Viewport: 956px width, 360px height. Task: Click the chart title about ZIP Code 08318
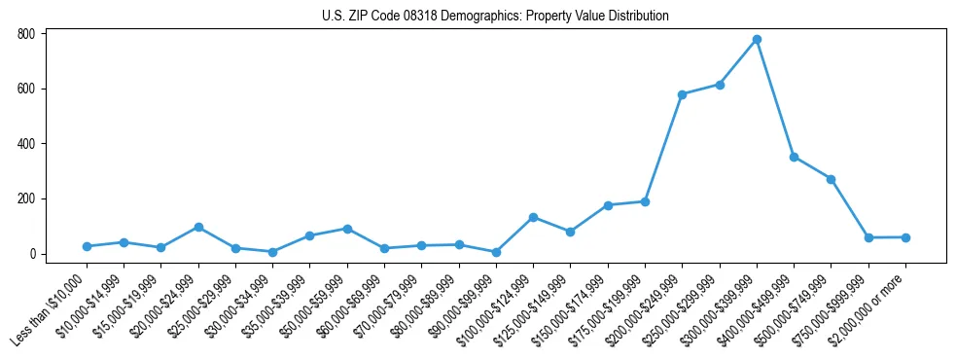(x=495, y=16)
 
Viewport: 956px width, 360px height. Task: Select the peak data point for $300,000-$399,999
(x=757, y=40)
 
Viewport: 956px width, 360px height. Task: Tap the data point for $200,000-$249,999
(x=683, y=94)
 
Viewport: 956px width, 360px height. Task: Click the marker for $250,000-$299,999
(x=720, y=85)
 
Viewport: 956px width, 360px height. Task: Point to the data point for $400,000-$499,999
(x=795, y=157)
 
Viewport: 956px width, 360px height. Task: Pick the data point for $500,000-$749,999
(x=832, y=179)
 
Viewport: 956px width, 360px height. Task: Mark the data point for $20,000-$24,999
(x=198, y=227)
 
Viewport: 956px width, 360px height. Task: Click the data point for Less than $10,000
(x=87, y=246)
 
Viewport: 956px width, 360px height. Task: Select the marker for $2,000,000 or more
(x=905, y=237)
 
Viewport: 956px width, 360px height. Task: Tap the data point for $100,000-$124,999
(x=533, y=217)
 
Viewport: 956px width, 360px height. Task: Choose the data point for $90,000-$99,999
(x=496, y=252)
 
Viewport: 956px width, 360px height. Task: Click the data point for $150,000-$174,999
(x=608, y=205)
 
